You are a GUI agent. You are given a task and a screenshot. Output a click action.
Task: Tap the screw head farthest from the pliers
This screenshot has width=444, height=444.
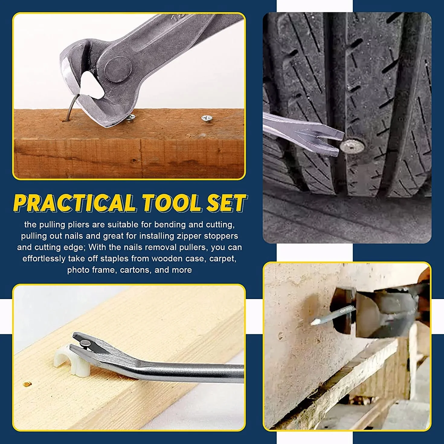pos(207,118)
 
